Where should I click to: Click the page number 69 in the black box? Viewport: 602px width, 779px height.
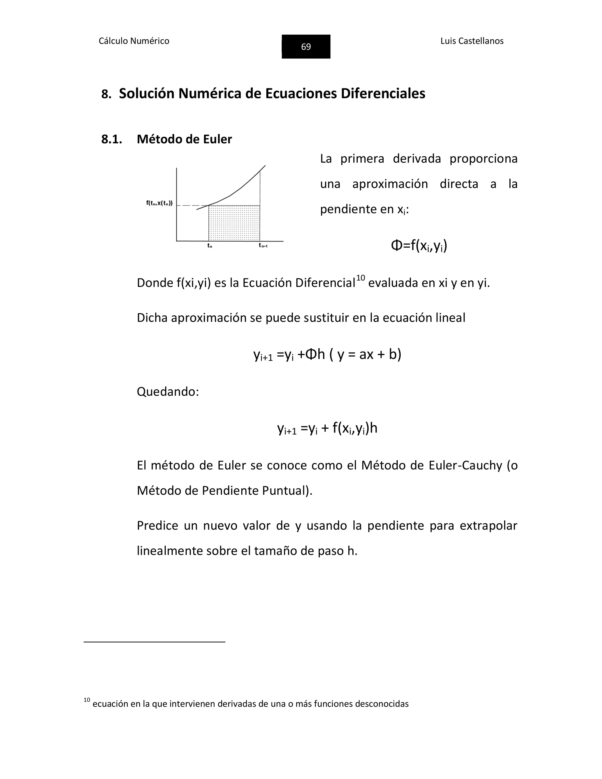(306, 47)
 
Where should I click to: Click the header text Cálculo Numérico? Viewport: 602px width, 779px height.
(134, 41)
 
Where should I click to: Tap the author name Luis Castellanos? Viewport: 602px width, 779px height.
(471, 41)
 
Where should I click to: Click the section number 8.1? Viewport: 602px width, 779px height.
(112, 139)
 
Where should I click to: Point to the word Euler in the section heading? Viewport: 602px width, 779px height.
(217, 139)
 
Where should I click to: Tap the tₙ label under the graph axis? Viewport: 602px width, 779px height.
(210, 245)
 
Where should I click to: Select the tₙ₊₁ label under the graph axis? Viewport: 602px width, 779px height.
(263, 245)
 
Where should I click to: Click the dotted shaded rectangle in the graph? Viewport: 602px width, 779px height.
(234, 223)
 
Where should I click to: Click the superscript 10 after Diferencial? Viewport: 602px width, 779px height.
(361, 278)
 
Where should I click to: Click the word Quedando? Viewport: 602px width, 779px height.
(168, 392)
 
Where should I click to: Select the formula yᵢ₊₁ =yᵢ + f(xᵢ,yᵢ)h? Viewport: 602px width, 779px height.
(327, 428)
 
